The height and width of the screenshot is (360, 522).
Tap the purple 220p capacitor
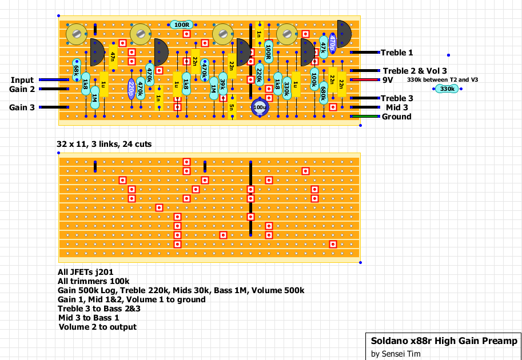pos(132,89)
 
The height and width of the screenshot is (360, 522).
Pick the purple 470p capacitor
pos(333,42)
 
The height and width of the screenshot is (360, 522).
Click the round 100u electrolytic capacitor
pos(260,107)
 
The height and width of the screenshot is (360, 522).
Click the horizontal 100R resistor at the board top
pos(182,25)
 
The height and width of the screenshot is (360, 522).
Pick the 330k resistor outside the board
pos(447,89)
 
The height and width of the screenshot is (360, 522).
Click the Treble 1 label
pos(397,53)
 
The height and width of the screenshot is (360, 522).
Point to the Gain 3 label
pos(22,107)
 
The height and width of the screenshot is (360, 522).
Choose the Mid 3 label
pos(397,107)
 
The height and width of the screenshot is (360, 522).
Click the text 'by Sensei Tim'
pos(396,354)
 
